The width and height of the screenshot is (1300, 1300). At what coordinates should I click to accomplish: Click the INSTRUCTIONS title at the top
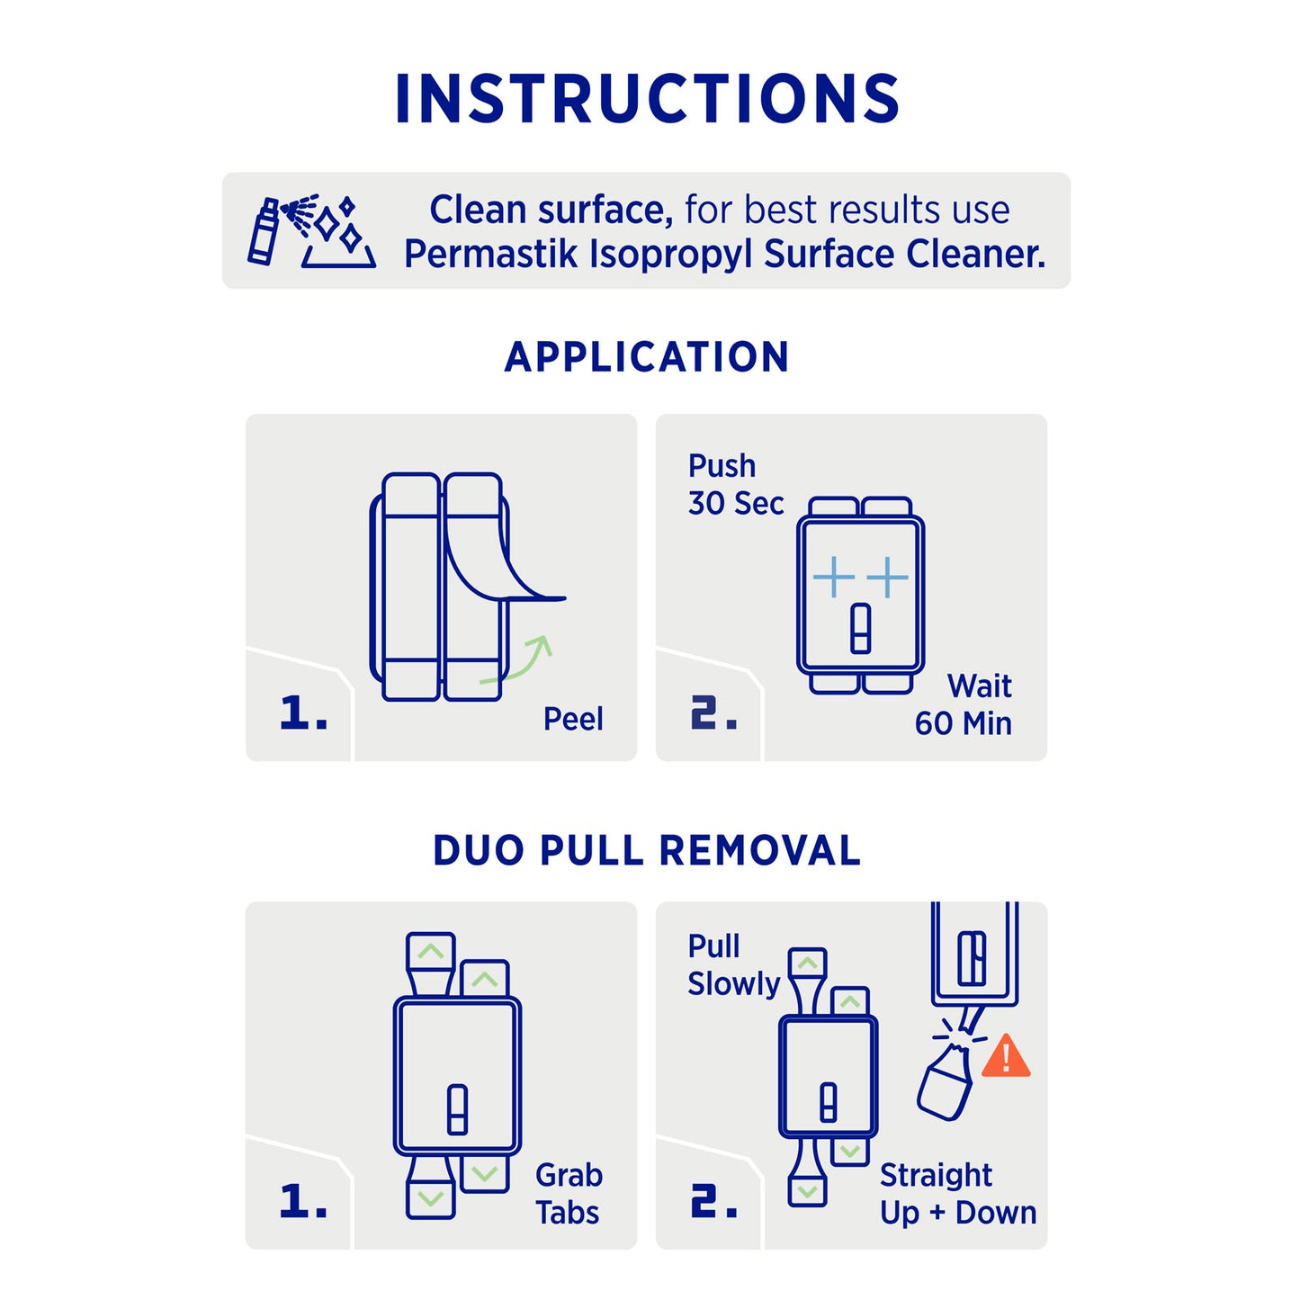pos(647,98)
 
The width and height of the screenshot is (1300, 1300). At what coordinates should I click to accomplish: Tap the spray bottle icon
pos(263,230)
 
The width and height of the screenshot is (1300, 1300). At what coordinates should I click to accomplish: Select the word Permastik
pos(491,255)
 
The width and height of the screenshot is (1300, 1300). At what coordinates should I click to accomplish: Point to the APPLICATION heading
pos(646,357)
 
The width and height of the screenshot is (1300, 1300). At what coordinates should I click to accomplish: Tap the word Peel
pos(573,719)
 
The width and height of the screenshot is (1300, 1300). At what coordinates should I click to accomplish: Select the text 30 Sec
pos(735,503)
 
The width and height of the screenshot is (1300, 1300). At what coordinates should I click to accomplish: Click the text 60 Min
pos(963,723)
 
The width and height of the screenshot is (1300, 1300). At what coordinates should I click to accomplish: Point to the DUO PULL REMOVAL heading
pos(647,850)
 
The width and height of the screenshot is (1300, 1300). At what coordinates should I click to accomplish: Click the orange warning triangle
pos(1005,1056)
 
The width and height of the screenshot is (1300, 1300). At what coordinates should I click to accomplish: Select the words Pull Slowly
pos(733,964)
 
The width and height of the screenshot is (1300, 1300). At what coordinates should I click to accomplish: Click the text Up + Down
pos(958,1213)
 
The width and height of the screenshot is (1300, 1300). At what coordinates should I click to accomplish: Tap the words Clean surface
pos(551,210)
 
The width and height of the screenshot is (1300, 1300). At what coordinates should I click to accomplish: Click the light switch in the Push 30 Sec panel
pos(860,629)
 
